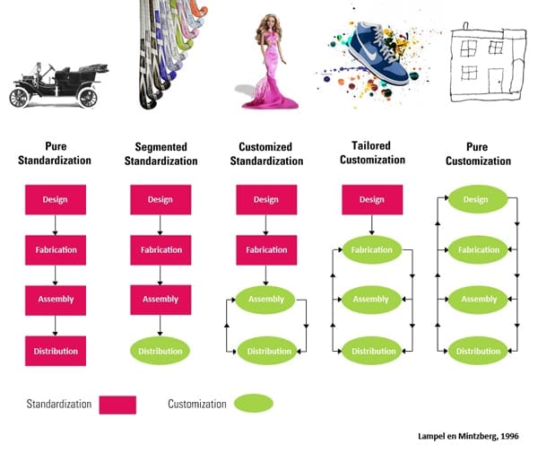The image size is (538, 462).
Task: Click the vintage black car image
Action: click(x=58, y=85)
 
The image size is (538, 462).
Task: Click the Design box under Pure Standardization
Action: click(x=56, y=199)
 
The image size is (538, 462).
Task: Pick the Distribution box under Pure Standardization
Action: click(x=56, y=351)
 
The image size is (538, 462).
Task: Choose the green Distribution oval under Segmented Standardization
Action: click(x=161, y=351)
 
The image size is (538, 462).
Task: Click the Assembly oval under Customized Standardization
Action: click(x=265, y=300)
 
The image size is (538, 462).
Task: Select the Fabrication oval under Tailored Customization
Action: click(x=371, y=249)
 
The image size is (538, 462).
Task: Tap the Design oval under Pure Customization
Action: click(x=477, y=199)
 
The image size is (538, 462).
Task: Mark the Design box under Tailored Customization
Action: click(x=371, y=199)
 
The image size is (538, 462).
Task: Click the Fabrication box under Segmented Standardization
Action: click(x=161, y=249)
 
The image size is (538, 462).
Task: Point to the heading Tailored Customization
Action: click(x=371, y=153)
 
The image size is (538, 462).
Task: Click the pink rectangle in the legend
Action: click(x=117, y=405)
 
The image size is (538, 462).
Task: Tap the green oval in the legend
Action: click(x=253, y=404)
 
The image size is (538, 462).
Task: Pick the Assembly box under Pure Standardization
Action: click(x=56, y=300)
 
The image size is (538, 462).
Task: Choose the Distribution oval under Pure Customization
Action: click(x=477, y=351)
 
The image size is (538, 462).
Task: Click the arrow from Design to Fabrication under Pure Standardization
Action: click(x=56, y=224)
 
